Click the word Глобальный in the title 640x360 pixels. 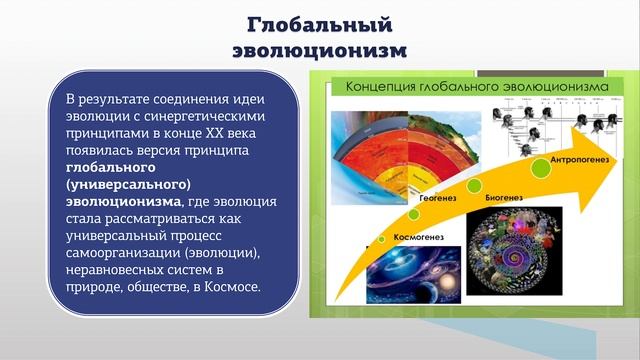point(320,24)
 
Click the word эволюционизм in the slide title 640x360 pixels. point(319,49)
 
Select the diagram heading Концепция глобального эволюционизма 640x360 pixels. point(477,88)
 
